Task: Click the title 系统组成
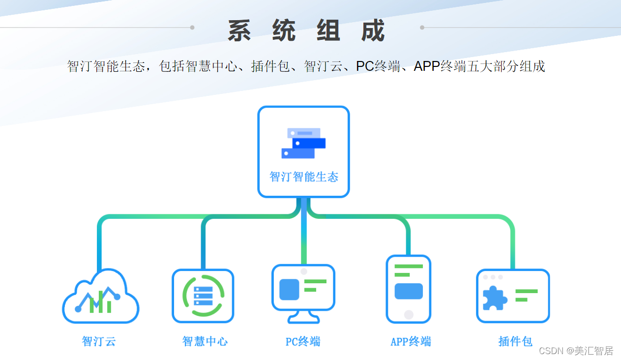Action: tap(306, 31)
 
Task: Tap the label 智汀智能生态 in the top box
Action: tap(304, 177)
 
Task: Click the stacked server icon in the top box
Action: tap(303, 143)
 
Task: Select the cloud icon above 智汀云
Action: tap(100, 297)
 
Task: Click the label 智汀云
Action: tap(99, 341)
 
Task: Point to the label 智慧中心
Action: tap(205, 341)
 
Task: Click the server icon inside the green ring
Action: tap(203, 296)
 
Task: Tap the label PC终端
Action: tap(303, 341)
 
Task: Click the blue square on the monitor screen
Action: tap(289, 289)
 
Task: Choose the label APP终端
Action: tap(411, 341)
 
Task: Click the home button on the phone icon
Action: tap(409, 314)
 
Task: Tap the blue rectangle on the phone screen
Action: tap(409, 291)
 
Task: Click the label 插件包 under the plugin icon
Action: tap(515, 341)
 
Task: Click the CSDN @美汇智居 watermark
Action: tap(576, 351)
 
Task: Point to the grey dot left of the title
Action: tap(192, 28)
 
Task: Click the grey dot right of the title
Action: tap(422, 28)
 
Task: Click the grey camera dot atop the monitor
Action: tap(304, 271)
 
